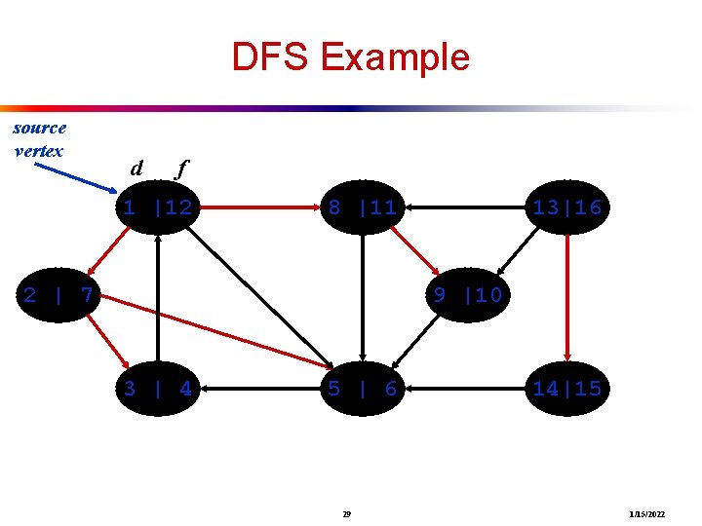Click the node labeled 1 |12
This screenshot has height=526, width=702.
[x=157, y=207]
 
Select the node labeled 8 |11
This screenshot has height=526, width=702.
[x=362, y=207]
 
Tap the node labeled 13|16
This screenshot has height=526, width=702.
[x=566, y=207]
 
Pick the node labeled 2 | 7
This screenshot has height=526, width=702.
[x=58, y=294]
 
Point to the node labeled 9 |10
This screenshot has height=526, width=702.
[x=467, y=294]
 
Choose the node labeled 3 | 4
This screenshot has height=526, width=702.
[x=157, y=389]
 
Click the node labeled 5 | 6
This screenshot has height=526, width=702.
[x=362, y=389]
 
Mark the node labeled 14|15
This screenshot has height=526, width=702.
[x=566, y=389]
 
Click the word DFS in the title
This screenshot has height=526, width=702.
[x=269, y=57]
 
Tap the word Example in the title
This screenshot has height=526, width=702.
[x=394, y=57]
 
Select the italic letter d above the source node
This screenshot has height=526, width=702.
[x=136, y=169]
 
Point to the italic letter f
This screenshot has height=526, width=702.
[x=179, y=169]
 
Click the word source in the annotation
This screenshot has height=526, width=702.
[x=40, y=128]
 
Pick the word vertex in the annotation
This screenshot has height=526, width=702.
[x=39, y=150]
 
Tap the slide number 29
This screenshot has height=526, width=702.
[x=348, y=512]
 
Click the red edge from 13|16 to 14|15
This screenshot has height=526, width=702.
[x=566, y=298]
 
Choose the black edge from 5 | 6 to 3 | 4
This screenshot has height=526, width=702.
[x=259, y=389]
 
